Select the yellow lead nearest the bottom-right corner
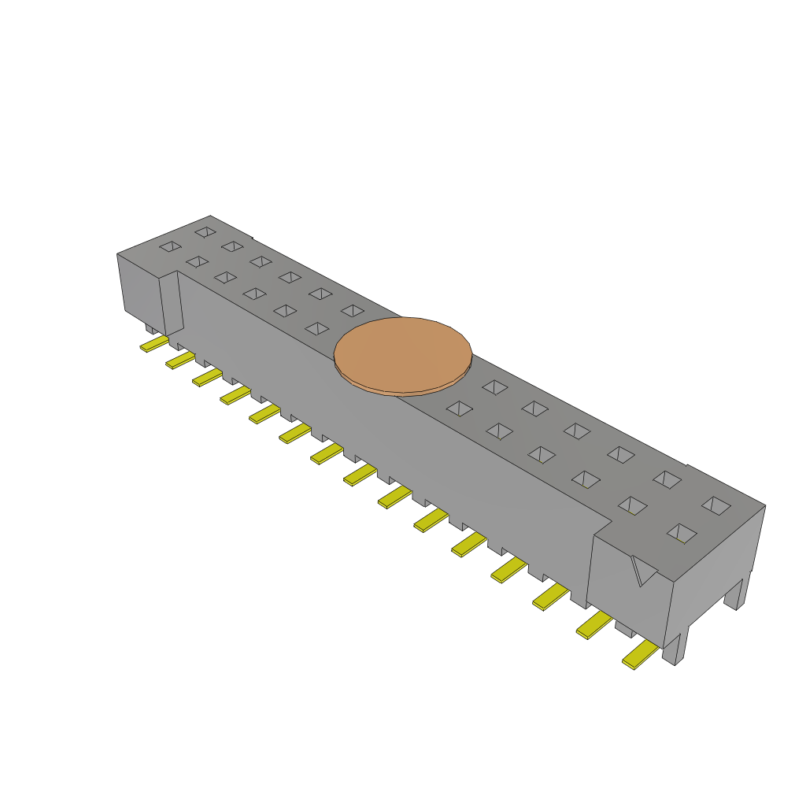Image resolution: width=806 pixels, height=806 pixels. [640, 654]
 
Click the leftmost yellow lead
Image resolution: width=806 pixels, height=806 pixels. [153, 344]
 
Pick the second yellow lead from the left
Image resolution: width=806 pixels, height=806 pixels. [179, 360]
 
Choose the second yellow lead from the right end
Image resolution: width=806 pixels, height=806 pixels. [594, 627]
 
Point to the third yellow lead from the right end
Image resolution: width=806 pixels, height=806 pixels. [550, 597]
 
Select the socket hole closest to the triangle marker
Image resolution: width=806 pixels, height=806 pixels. [682, 534]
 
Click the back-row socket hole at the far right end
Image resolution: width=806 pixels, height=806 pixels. [715, 505]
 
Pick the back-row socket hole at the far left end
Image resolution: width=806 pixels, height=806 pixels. [205, 232]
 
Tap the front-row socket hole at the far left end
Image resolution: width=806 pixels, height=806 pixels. [169, 247]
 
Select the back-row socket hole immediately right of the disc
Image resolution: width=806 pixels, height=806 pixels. [494, 386]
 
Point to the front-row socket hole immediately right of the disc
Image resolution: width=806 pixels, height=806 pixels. [458, 409]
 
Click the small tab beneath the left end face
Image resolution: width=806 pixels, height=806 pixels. [150, 327]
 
